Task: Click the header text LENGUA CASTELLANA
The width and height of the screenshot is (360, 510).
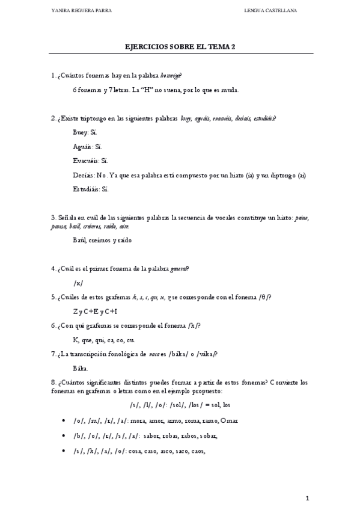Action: (270, 11)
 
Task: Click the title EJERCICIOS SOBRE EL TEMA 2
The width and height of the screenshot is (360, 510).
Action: (180, 46)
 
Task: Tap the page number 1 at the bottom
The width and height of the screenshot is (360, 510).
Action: (307, 498)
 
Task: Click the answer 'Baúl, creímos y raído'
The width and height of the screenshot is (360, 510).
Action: (102, 240)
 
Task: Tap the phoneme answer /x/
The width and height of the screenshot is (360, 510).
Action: (78, 283)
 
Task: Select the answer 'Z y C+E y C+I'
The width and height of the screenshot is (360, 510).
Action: (95, 311)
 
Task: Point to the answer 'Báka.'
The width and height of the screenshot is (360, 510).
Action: (81, 367)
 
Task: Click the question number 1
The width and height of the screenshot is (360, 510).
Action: (53, 75)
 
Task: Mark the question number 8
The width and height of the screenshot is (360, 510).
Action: (53, 381)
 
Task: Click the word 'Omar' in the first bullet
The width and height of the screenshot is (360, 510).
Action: (230, 420)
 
